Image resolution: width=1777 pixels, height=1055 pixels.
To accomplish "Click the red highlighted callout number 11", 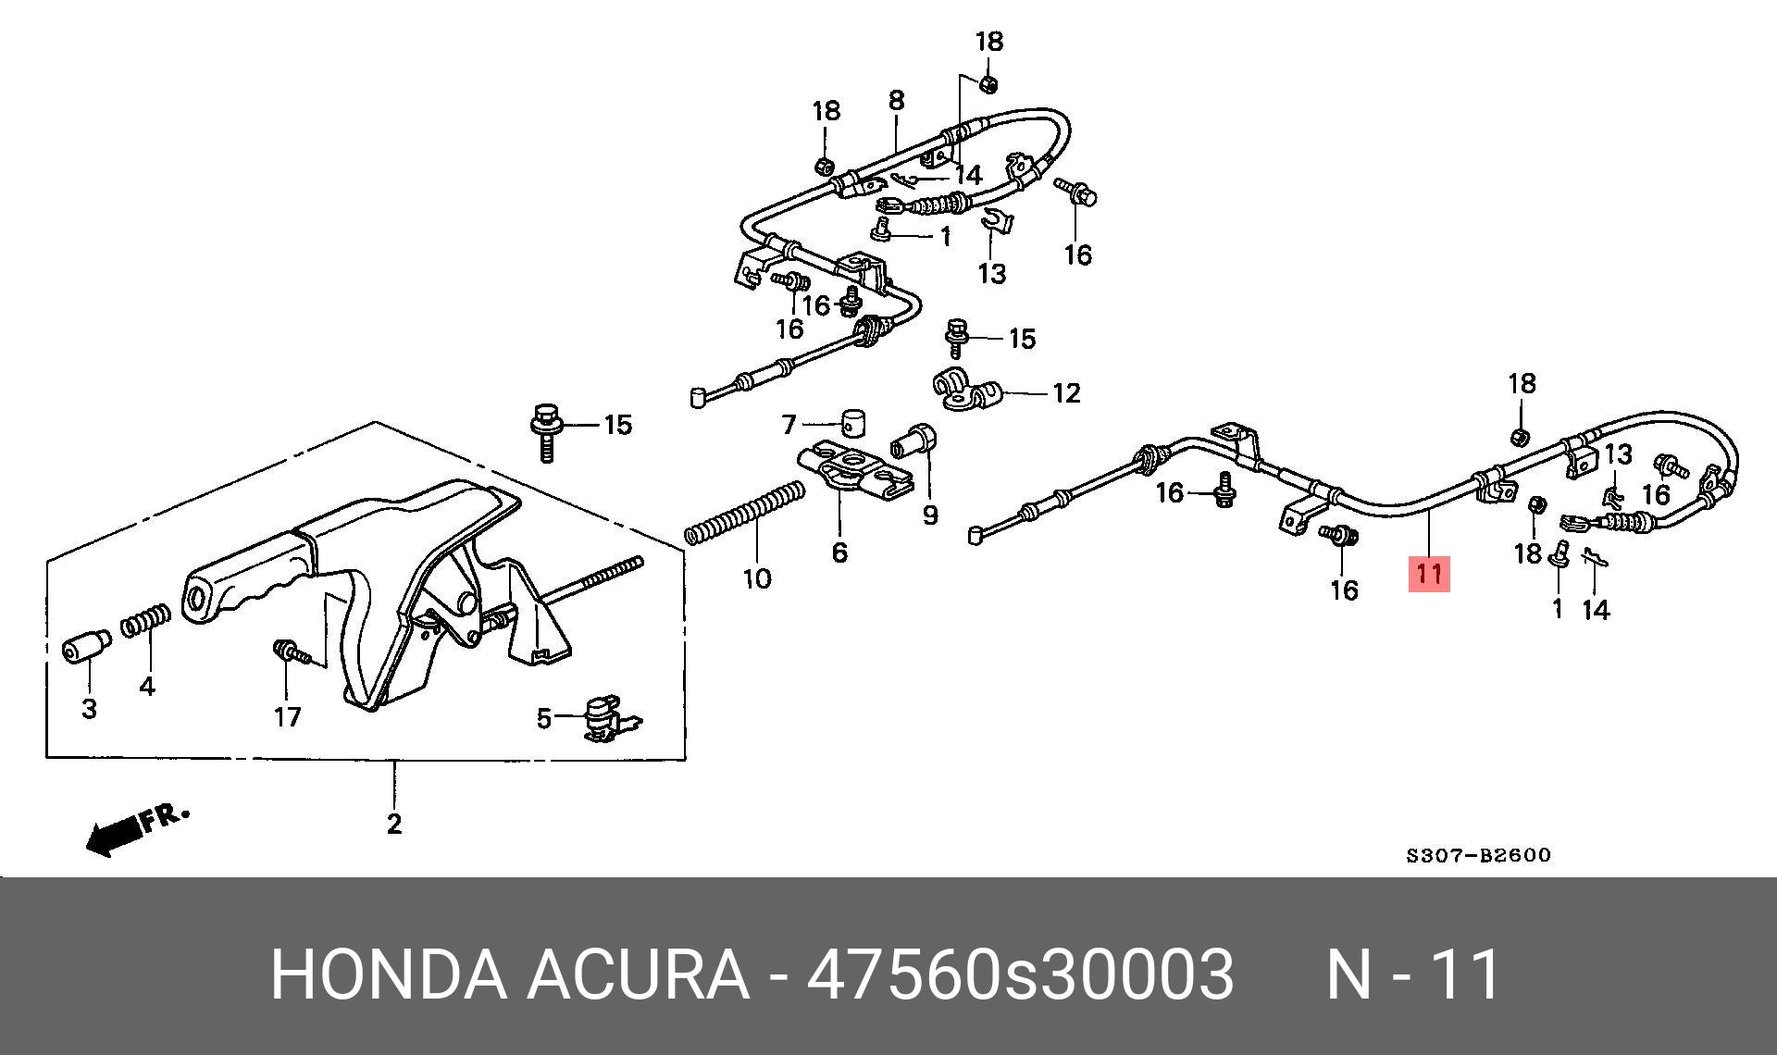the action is click(x=1429, y=574).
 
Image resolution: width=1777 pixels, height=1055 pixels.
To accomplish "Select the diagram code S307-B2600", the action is click(x=1478, y=855).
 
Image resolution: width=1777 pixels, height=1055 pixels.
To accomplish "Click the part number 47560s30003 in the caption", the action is click(x=1020, y=974).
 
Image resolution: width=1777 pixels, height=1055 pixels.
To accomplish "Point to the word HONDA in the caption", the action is click(x=388, y=974).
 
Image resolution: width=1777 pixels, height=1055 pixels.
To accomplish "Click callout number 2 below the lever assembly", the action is click(x=394, y=823).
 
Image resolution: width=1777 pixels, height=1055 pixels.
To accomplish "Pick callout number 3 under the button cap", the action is click(x=89, y=709).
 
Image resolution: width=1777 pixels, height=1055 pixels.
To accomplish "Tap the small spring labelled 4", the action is click(x=147, y=621).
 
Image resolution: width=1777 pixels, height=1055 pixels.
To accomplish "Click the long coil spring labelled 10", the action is click(x=745, y=513).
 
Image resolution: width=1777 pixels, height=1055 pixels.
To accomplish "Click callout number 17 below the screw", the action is click(x=287, y=716).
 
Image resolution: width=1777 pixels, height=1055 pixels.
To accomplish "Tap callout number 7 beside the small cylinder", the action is click(x=789, y=425).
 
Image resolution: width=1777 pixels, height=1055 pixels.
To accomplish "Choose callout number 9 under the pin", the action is click(x=929, y=515).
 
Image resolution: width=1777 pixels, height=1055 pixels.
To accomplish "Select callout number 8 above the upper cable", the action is click(x=896, y=99).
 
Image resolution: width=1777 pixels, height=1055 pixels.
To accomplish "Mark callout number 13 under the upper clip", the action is click(x=991, y=274).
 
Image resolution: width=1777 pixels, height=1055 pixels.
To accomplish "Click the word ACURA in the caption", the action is click(x=638, y=974).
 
